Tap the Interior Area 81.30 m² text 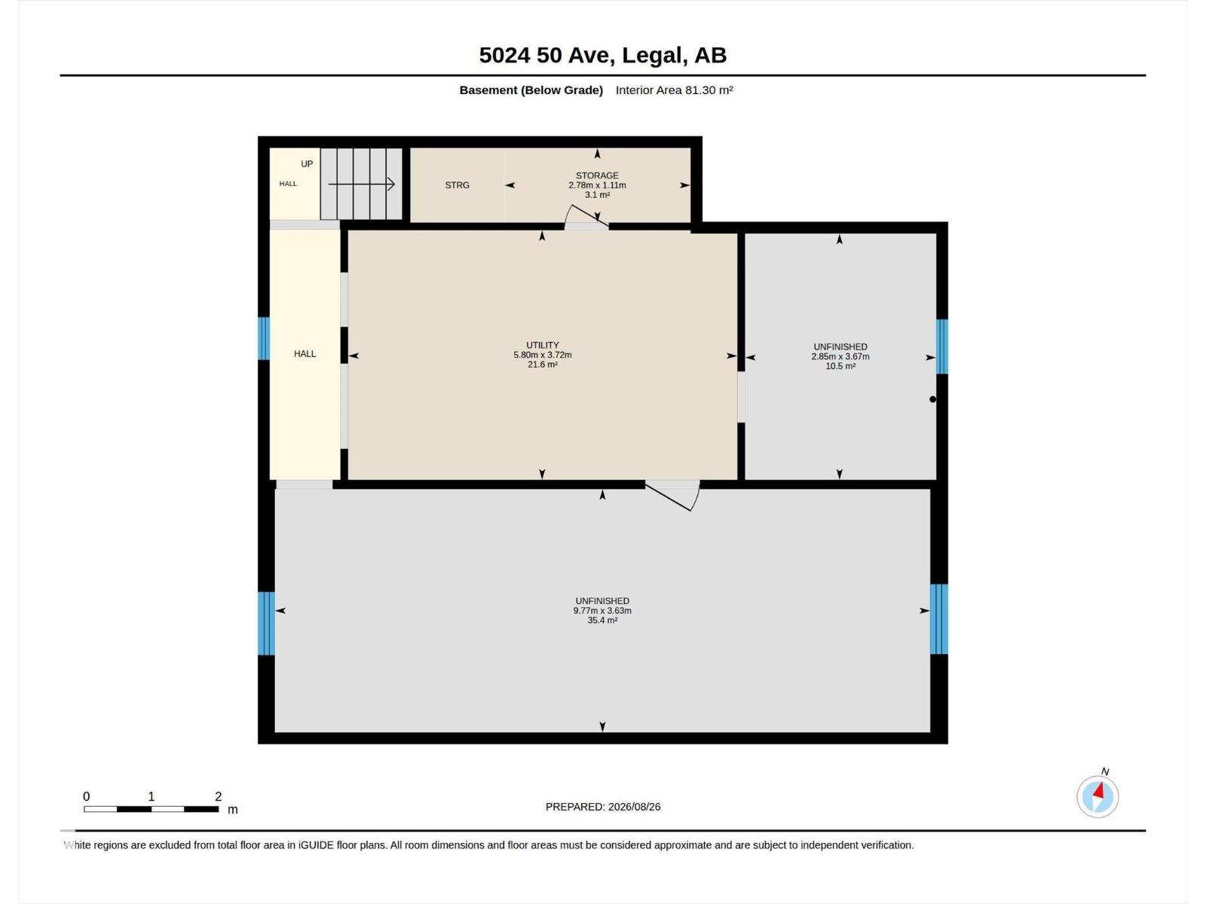(674, 90)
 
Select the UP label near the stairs (307, 163)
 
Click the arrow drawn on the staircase (362, 184)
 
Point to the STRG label (457, 185)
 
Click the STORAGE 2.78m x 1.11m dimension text (597, 181)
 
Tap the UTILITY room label (542, 345)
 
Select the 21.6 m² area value (542, 365)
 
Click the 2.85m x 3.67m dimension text (840, 356)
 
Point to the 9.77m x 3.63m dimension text (602, 610)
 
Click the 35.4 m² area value (602, 620)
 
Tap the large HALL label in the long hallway (305, 354)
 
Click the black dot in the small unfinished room (932, 399)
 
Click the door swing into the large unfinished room (676, 496)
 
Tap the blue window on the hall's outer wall (264, 339)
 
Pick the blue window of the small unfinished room (941, 347)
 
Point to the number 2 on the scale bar (218, 796)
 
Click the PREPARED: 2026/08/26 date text (603, 807)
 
